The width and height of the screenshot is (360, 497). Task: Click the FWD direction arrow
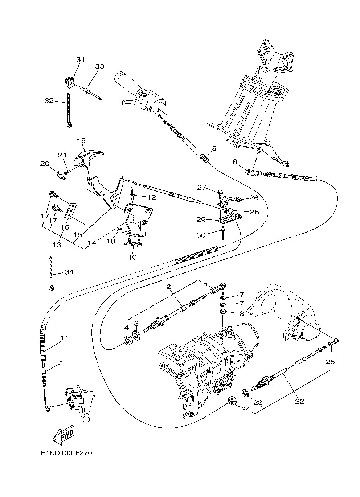[64, 435]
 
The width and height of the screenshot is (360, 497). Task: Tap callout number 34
[69, 272]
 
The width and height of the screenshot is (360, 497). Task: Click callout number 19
[81, 140]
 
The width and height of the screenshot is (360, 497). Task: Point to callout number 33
[89, 66]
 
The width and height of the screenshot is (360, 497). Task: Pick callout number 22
[299, 401]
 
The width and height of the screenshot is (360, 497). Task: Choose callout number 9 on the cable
[214, 148]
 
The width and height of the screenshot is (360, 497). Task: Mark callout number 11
[64, 338]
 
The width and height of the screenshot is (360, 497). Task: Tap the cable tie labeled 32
[69, 109]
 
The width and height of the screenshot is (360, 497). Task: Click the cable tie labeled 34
[51, 274]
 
